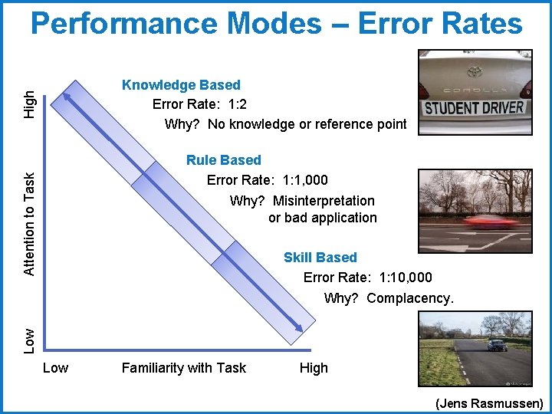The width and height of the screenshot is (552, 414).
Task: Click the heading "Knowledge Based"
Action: click(x=181, y=85)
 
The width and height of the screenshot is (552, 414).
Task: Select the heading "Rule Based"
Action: click(x=223, y=160)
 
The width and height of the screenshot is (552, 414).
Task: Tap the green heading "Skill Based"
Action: click(x=320, y=258)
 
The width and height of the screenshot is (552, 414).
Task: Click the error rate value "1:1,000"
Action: click(x=305, y=180)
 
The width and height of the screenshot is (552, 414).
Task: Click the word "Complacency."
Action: click(x=410, y=297)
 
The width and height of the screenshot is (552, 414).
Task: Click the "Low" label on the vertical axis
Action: click(x=28, y=340)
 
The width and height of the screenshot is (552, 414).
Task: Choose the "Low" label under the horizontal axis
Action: click(x=55, y=368)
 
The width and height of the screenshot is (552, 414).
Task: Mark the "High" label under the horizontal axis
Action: click(x=314, y=368)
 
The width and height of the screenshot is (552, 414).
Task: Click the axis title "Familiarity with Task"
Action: click(x=184, y=368)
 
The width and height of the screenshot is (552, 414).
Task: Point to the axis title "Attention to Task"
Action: click(x=28, y=222)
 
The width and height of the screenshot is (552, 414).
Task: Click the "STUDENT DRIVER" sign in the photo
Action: click(x=475, y=108)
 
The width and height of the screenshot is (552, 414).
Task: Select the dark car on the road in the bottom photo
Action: click(x=497, y=345)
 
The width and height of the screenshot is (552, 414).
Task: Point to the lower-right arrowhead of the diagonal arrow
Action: click(x=299, y=329)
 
